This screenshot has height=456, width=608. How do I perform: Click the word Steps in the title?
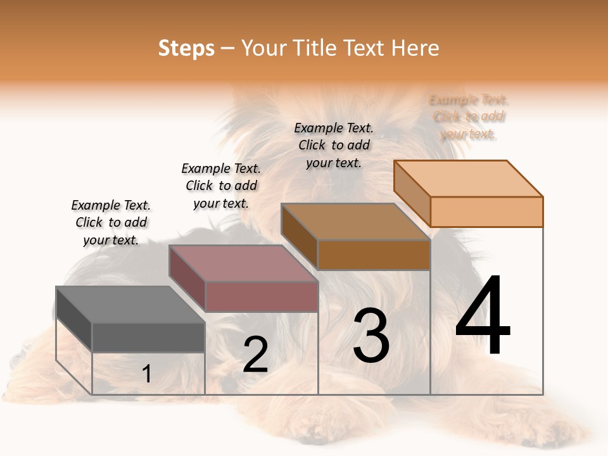(x=186, y=48)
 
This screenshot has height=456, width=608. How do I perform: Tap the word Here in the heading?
(x=415, y=48)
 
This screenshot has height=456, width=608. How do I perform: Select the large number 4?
(x=483, y=316)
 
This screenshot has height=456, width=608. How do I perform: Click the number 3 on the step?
(x=371, y=336)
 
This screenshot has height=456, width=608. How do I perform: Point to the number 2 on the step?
(x=255, y=355)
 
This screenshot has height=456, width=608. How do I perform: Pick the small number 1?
(x=146, y=374)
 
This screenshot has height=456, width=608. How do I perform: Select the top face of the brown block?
(x=355, y=222)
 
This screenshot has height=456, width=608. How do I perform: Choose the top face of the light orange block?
(x=468, y=179)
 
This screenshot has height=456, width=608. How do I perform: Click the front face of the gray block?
(x=148, y=338)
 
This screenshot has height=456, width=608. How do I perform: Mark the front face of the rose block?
(x=261, y=296)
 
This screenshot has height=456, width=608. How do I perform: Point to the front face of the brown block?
(x=374, y=255)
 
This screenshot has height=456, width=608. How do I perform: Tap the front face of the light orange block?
(x=486, y=212)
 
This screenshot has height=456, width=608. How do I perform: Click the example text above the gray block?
(x=111, y=222)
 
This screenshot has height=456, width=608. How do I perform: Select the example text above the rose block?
(x=221, y=186)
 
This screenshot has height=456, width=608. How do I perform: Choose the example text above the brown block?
(x=334, y=145)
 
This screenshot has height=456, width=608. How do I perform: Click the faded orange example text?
(x=469, y=117)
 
